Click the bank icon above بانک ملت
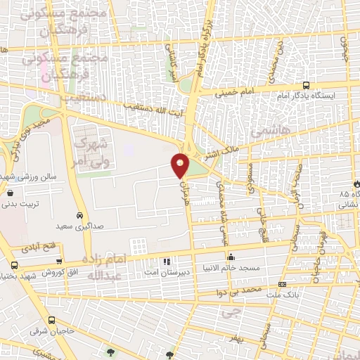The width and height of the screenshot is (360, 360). click(283, 284)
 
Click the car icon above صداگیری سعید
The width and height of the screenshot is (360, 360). click(79, 216)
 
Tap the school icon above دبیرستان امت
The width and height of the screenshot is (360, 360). click(167, 261)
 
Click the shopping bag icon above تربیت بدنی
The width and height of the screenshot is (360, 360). click(11, 193)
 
